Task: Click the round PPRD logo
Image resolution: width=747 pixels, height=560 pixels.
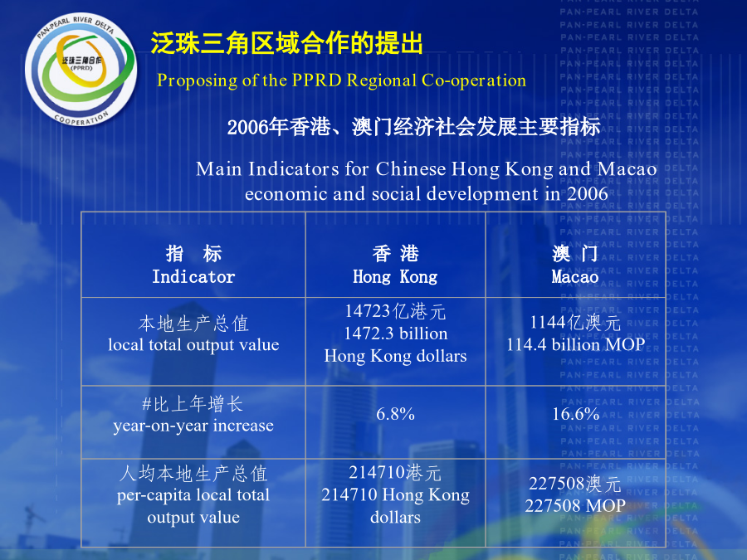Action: (x=81, y=70)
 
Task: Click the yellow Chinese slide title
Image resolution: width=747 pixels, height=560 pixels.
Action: (x=287, y=43)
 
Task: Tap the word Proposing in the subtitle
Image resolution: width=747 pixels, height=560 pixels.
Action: (x=198, y=81)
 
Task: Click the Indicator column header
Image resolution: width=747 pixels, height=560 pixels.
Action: (x=193, y=276)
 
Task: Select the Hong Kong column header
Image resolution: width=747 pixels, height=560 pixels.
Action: (x=395, y=276)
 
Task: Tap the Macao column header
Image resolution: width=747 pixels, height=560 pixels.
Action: (x=575, y=276)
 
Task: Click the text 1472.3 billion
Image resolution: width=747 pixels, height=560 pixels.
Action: (x=395, y=334)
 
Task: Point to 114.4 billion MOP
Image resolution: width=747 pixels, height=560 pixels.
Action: (x=575, y=344)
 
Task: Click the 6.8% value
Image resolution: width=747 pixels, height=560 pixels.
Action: (x=395, y=414)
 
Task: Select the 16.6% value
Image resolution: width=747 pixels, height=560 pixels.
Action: (x=575, y=414)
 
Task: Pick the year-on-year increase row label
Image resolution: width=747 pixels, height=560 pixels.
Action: (x=193, y=426)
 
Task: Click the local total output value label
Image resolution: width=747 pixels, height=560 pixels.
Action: (x=193, y=344)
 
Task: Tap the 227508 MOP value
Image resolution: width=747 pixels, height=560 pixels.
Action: (x=575, y=506)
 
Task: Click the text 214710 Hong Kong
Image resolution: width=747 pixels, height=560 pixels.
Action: (x=395, y=494)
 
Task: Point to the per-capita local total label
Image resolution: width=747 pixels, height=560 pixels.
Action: (x=193, y=495)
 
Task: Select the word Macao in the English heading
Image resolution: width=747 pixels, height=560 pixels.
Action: (x=627, y=169)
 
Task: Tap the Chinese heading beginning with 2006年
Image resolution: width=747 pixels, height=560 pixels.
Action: (x=413, y=127)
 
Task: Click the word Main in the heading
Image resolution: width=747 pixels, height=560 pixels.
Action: (x=219, y=169)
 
